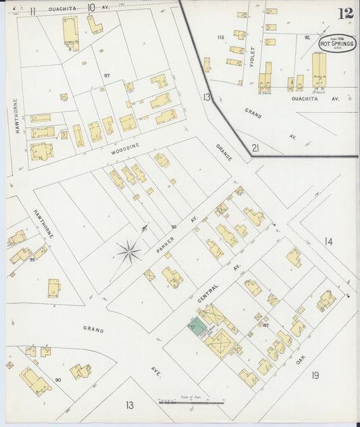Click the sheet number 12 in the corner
pyautogui.click(x=346, y=13)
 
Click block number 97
pyautogui.click(x=106, y=75)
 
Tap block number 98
pyautogui.click(x=174, y=226)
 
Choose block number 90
pyautogui.click(x=58, y=380)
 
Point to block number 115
pyautogui.click(x=220, y=36)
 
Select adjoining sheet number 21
pyautogui.click(x=255, y=148)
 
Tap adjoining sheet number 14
pyautogui.click(x=328, y=241)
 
